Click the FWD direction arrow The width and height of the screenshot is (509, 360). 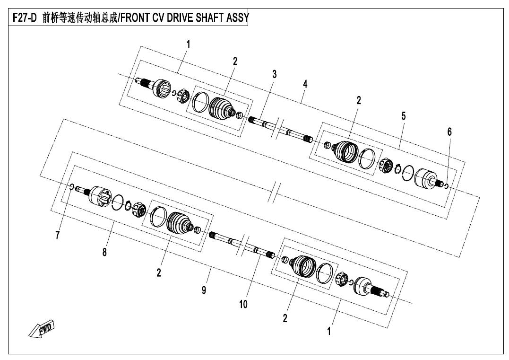(42, 329)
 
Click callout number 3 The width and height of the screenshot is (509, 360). (274, 74)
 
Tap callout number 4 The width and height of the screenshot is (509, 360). (305, 84)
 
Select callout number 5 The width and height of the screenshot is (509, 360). (404, 116)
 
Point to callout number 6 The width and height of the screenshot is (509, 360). (449, 132)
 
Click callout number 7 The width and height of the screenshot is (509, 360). (58, 235)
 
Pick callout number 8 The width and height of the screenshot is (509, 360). (104, 252)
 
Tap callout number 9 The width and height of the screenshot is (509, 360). (204, 290)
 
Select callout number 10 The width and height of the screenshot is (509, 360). (243, 305)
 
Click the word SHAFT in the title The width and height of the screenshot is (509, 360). (209, 18)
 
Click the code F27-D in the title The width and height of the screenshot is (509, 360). (25, 18)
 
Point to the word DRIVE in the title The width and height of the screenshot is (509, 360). (180, 18)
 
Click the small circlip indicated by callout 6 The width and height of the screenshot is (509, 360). (446, 186)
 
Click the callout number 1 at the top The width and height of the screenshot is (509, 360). (188, 44)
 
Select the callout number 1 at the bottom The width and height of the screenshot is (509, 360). (329, 331)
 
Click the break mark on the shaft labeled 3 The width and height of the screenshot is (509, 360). (276, 128)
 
